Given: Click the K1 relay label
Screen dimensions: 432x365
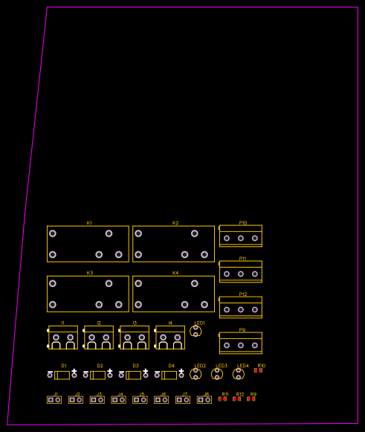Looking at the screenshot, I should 89,223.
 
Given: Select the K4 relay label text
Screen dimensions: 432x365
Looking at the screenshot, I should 175,273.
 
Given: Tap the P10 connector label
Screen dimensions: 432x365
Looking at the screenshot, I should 243,223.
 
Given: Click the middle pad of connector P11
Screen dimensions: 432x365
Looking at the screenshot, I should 240,274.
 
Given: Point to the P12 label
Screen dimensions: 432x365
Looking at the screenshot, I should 243,294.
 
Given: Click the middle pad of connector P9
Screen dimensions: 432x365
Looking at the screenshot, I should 240,345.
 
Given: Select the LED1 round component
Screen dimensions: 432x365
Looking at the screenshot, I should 196,331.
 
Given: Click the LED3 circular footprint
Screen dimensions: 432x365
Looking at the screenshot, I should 217,374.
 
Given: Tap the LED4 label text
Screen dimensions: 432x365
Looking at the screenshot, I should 243,366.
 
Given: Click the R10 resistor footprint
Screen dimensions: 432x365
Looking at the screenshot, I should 258,370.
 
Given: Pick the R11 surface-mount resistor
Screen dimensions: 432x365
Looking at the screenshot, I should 222,399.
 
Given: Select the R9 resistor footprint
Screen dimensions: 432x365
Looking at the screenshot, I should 251,399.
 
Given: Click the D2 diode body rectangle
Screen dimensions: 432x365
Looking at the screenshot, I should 97,375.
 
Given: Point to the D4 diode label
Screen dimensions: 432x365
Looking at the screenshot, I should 171,366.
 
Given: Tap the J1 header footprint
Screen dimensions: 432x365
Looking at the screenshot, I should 54,400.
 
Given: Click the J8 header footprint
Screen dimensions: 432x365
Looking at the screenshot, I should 204,400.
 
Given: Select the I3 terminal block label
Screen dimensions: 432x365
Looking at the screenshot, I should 135,323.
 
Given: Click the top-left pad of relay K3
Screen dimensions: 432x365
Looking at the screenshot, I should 53,283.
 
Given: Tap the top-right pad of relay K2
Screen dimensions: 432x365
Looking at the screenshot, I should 195,233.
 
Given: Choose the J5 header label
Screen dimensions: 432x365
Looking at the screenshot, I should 142,394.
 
